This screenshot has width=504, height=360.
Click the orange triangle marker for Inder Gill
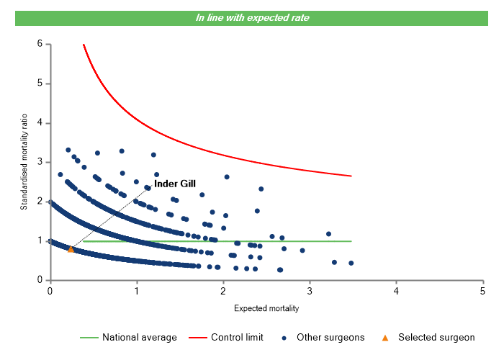click(x=71, y=249)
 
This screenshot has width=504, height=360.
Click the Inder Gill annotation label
click(x=175, y=184)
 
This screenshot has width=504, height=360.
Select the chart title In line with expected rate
click(x=253, y=17)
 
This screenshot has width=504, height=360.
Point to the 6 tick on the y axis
click(x=39, y=44)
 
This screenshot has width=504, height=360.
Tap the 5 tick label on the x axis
click(x=482, y=291)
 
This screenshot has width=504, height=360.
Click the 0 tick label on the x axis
click(x=50, y=291)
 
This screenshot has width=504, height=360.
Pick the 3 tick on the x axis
click(x=309, y=291)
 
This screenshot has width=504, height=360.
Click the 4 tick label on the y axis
click(x=39, y=123)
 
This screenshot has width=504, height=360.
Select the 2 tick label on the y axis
click(x=39, y=202)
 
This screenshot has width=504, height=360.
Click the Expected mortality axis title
click(x=266, y=309)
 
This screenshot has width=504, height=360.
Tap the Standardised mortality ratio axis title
click(x=24, y=163)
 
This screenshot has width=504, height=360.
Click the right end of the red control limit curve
click(x=351, y=176)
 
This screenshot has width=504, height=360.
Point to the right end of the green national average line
click(x=351, y=241)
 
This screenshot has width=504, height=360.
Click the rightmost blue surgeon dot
click(x=351, y=263)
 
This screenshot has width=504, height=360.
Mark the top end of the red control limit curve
click(x=84, y=45)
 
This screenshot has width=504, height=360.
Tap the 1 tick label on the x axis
click(x=136, y=291)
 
